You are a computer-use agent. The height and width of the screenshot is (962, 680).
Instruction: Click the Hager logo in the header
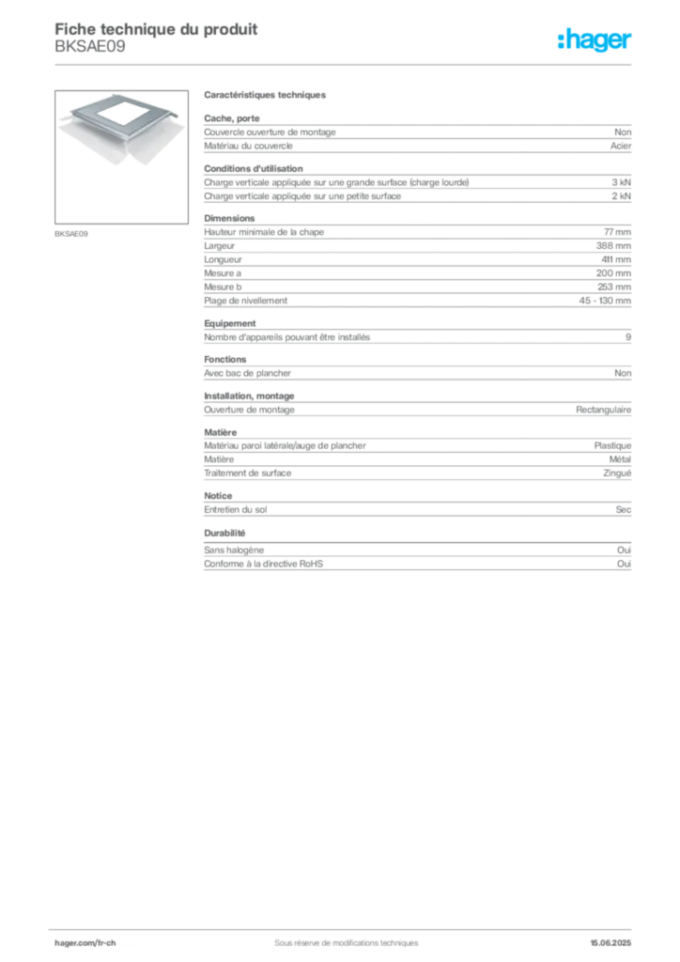click(595, 39)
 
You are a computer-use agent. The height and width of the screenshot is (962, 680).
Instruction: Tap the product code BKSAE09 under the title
click(90, 47)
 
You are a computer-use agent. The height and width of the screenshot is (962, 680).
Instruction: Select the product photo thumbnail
click(121, 157)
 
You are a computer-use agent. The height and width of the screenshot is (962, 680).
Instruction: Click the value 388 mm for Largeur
click(613, 246)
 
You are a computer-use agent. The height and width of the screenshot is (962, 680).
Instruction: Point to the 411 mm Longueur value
click(615, 259)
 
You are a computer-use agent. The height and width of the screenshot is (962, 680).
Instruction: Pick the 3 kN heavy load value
click(621, 182)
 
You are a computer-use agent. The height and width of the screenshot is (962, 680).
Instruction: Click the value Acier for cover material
click(621, 146)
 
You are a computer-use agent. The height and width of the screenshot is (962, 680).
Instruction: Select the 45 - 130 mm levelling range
click(605, 301)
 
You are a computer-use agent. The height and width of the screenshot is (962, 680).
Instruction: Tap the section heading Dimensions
click(229, 218)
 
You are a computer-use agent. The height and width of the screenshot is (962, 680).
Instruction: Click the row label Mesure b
click(223, 287)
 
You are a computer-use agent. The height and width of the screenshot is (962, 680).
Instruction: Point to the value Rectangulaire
click(603, 410)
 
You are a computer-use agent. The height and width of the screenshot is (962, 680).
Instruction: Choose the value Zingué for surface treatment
click(617, 473)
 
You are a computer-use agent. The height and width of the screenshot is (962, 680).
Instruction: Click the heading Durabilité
click(224, 534)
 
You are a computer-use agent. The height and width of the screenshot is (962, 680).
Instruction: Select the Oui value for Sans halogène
click(624, 551)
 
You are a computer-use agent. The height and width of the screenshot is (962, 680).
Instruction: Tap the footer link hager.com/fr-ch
click(85, 943)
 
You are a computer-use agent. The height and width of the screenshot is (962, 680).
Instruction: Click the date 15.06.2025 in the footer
click(610, 943)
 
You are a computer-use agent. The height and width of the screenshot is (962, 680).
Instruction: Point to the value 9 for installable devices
click(628, 337)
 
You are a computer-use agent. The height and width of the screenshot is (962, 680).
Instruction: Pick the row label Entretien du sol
click(236, 510)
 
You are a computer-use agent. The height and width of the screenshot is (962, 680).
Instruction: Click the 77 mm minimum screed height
click(617, 232)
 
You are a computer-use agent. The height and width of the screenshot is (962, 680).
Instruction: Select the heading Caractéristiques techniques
click(265, 95)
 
